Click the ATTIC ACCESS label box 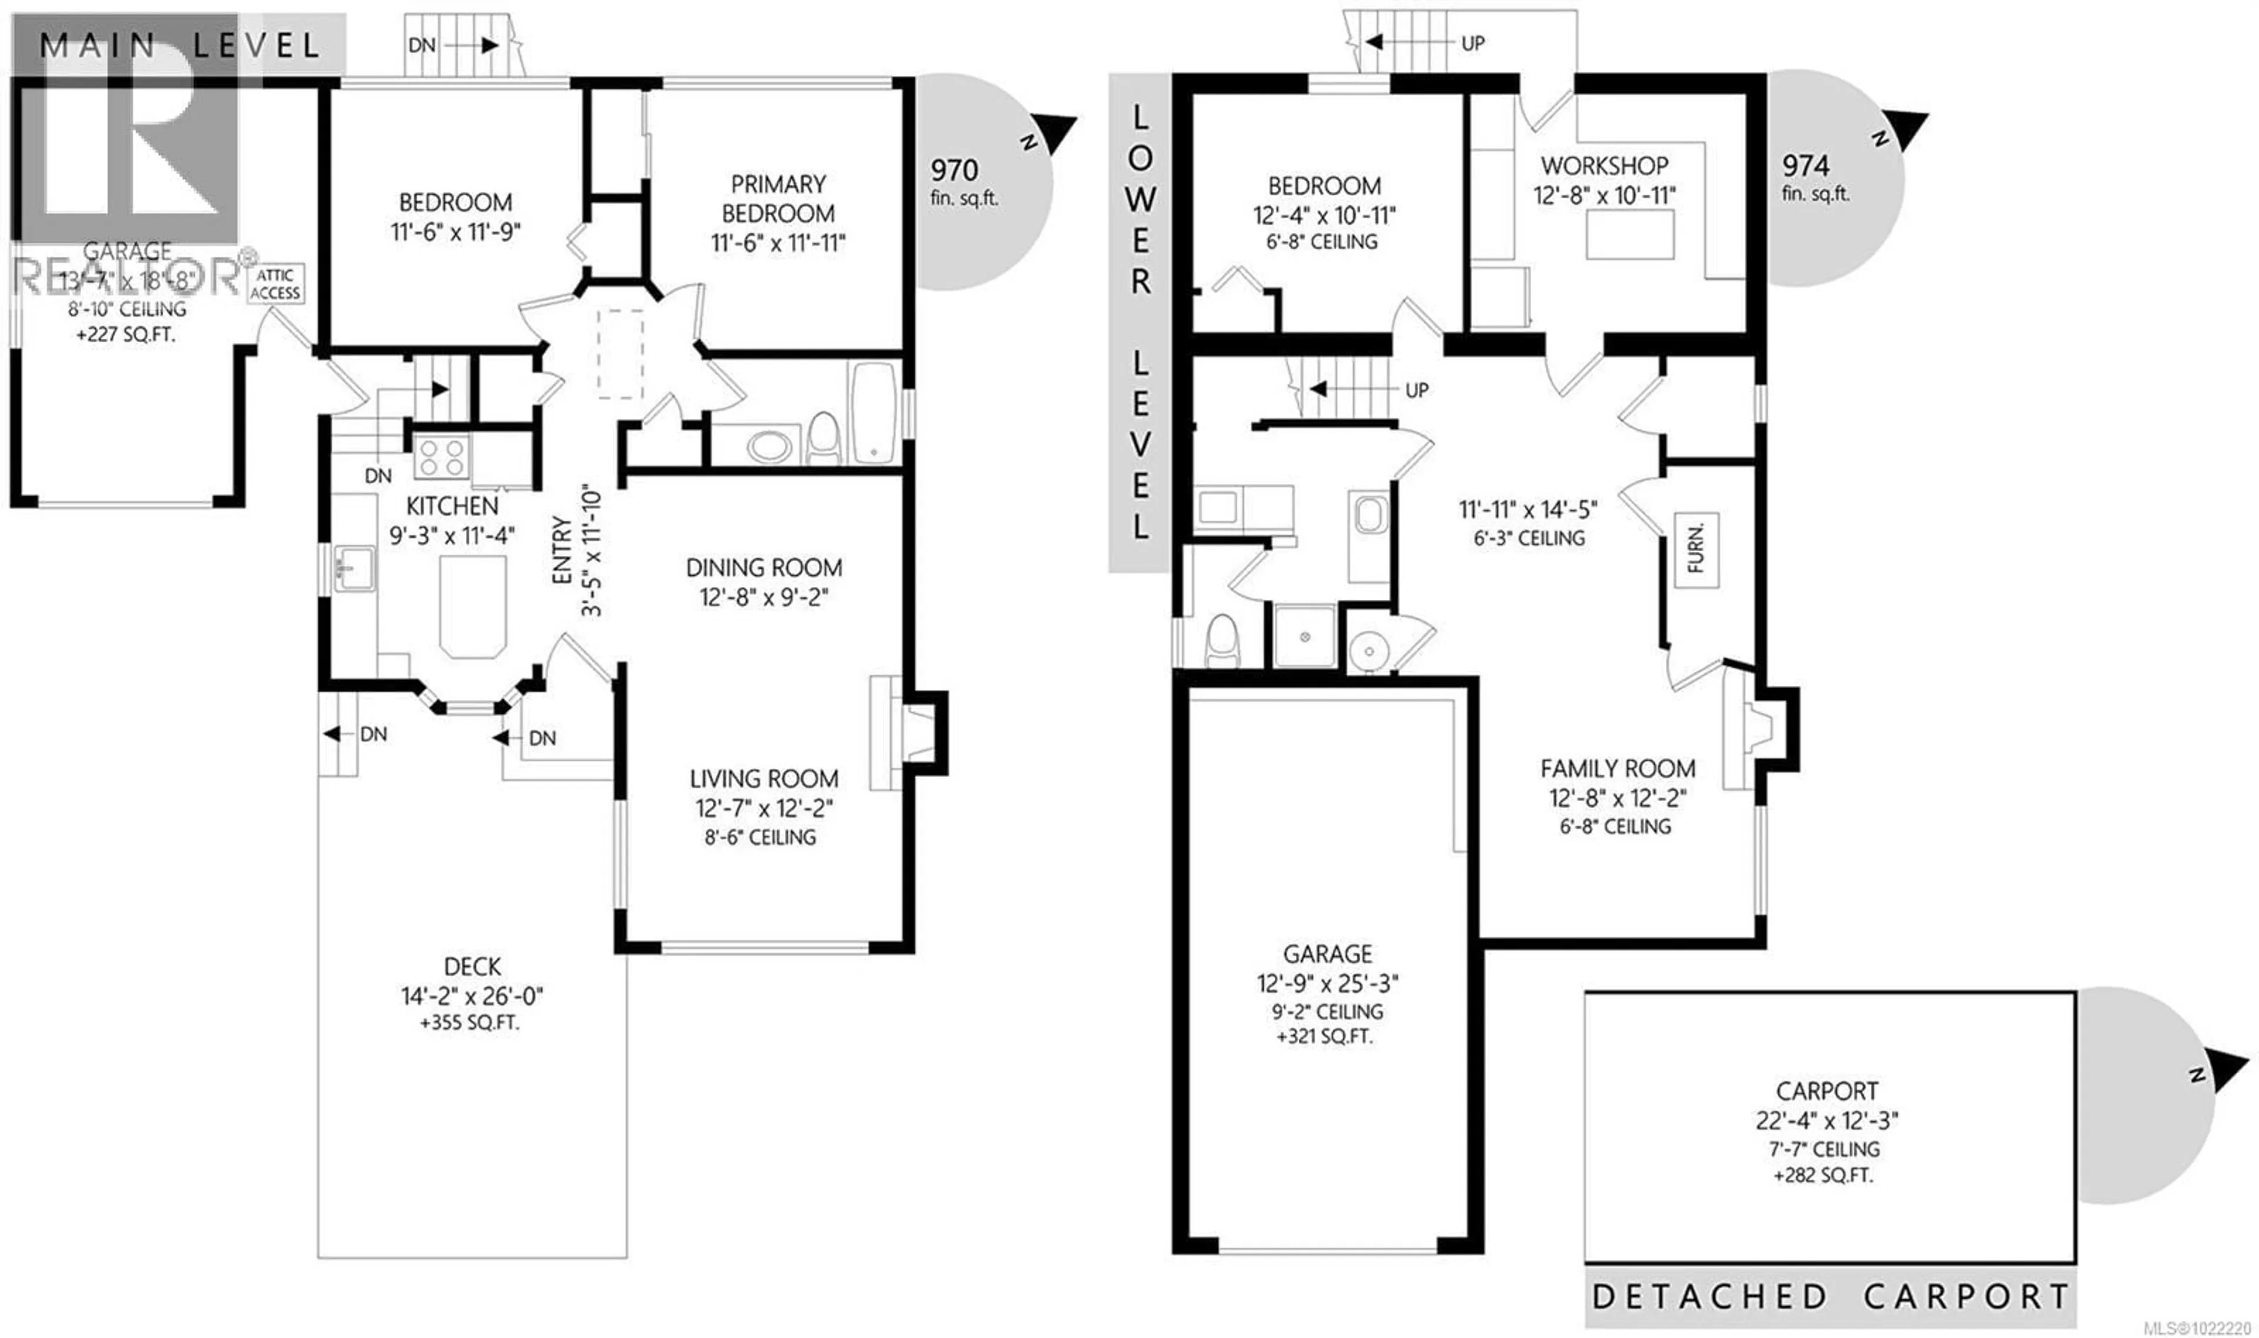[x=275, y=284]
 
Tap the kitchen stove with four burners [x=441, y=456]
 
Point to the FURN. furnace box [x=1696, y=550]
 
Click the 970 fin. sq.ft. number [x=954, y=171]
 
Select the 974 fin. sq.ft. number [x=1805, y=166]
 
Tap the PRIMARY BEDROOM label [x=778, y=198]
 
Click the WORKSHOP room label [x=1604, y=166]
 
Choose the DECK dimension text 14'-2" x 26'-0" [x=472, y=996]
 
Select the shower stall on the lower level [x=1304, y=636]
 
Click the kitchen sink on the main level [x=354, y=569]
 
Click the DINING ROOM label [x=764, y=568]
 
